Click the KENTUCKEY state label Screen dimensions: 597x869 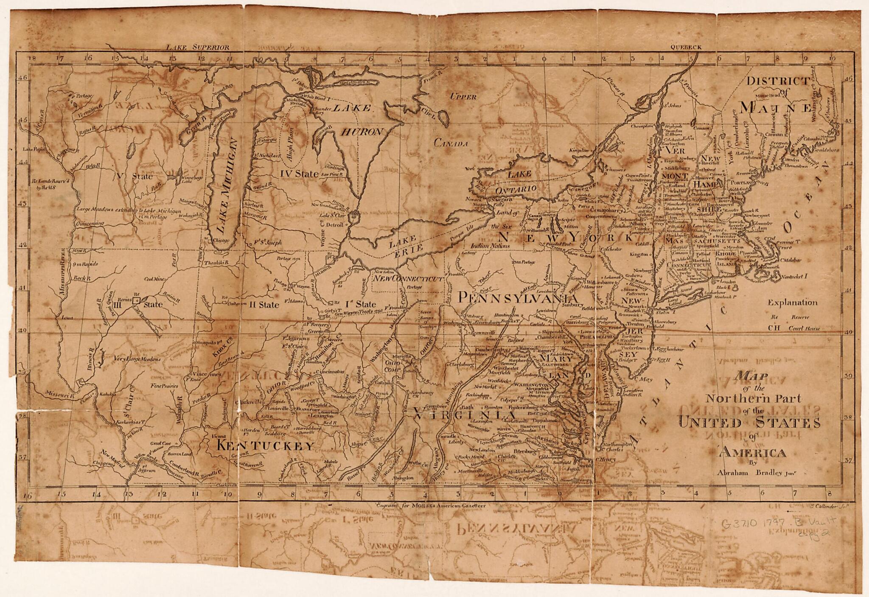pyautogui.click(x=265, y=446)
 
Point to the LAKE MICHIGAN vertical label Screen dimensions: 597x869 pyautogui.click(x=225, y=187)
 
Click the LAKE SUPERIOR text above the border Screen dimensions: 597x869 pyautogui.click(x=197, y=47)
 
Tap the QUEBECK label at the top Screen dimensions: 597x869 pyautogui.click(x=686, y=48)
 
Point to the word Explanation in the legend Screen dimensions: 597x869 pyautogui.click(x=792, y=303)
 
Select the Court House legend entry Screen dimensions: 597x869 pyautogui.click(x=804, y=328)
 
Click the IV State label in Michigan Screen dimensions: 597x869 pyautogui.click(x=299, y=174)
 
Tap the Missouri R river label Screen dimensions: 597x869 pyautogui.click(x=59, y=394)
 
